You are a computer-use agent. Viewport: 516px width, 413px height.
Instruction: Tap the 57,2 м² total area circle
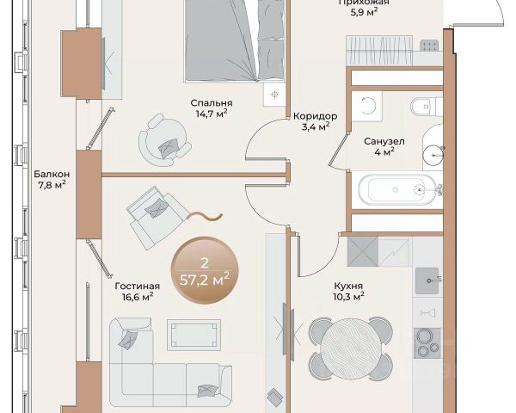pos(205,270)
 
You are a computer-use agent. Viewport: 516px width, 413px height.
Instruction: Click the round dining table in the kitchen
pos(350,349)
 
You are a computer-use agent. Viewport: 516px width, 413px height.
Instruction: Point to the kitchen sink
pos(427,280)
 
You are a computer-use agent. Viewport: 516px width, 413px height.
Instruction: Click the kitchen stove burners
pos(427,343)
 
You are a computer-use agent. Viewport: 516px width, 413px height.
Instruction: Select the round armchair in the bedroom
pos(164,140)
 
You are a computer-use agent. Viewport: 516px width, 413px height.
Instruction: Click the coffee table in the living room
pos(193,336)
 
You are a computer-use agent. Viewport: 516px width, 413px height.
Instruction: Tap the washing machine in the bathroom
pos(367,107)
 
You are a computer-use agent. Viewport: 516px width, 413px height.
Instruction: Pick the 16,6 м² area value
pos(138,297)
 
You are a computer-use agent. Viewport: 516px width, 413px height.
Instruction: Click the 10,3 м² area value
pos(348,296)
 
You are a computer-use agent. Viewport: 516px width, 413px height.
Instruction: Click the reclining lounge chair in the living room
pos(158,217)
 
